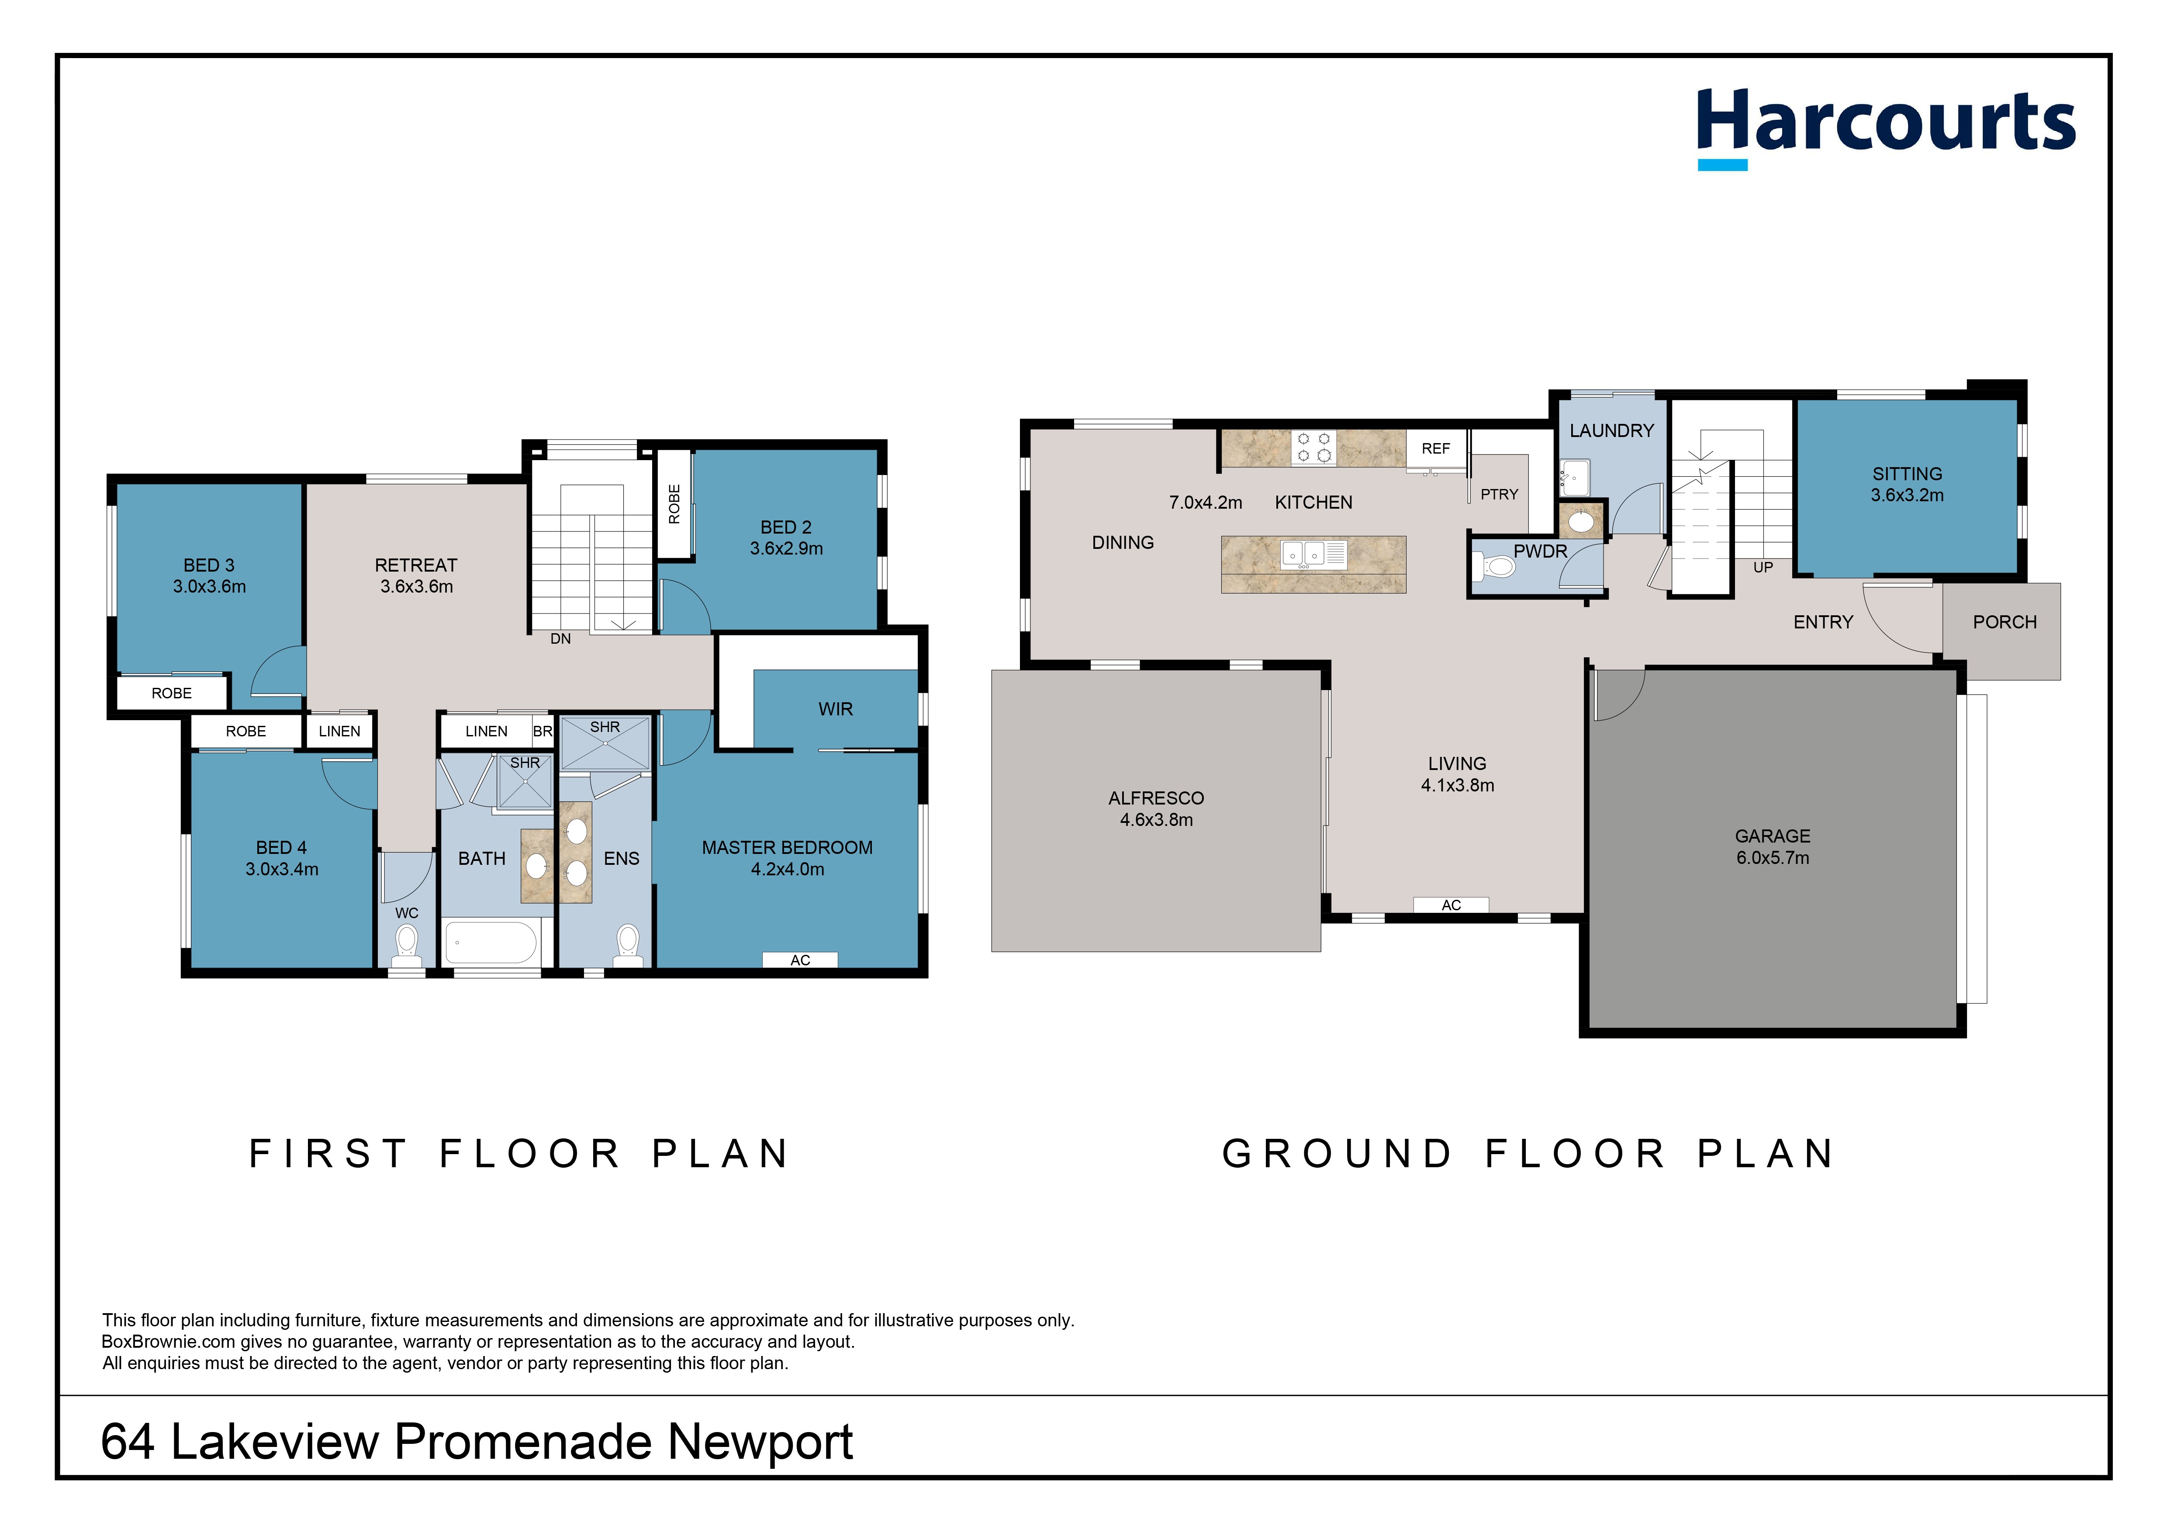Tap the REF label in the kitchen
1435,448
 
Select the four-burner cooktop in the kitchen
1314,447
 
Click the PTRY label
1499,494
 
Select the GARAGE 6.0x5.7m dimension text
1773,858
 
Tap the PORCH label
2005,622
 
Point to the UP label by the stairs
1762,567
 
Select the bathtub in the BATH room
490,942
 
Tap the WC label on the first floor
407,913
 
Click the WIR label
835,709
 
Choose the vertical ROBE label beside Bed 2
674,504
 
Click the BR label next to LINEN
543,732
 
